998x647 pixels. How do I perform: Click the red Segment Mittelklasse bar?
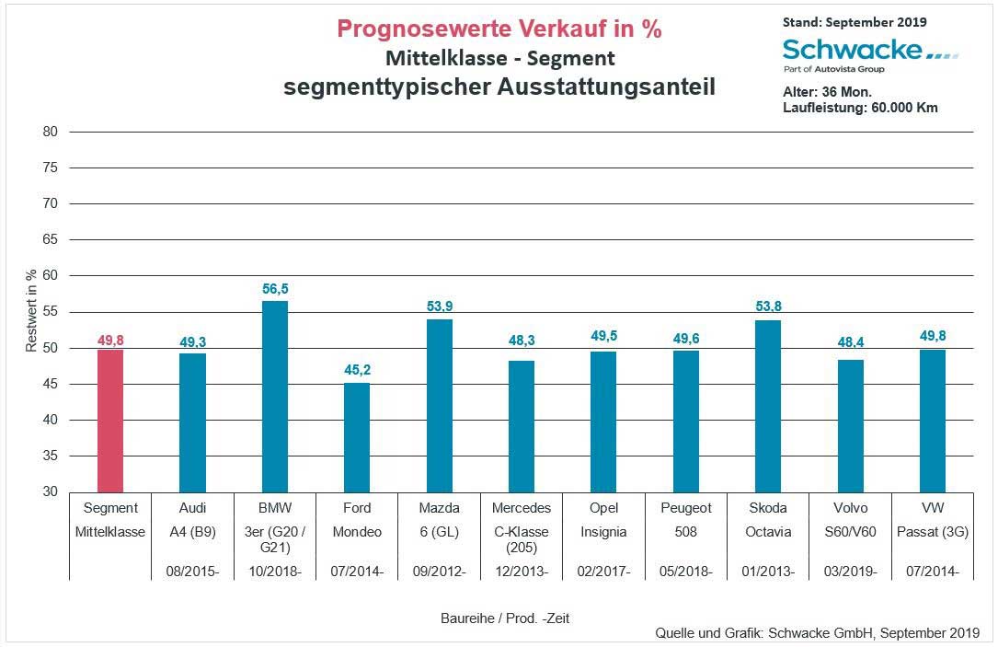(x=110, y=421)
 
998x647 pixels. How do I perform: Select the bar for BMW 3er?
(x=275, y=396)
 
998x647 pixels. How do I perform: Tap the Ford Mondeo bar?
(x=357, y=437)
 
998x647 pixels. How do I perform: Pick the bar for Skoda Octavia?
(x=768, y=406)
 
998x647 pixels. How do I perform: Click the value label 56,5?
(x=275, y=289)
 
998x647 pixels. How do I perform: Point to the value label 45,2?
(x=357, y=370)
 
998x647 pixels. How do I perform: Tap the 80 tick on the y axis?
(x=51, y=132)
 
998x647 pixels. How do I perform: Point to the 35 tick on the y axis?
(x=51, y=456)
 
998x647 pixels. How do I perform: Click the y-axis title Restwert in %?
(x=31, y=311)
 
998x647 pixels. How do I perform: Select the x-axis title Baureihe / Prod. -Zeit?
(x=505, y=618)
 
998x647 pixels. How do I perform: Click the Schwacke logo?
(x=869, y=52)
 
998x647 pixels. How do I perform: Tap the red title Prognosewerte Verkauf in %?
(x=499, y=29)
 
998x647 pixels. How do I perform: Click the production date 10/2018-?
(x=275, y=572)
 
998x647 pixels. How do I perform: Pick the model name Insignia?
(x=603, y=532)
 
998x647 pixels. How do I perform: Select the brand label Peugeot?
(x=686, y=508)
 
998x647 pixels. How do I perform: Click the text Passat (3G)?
(x=932, y=532)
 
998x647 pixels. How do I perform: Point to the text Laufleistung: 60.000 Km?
(x=860, y=108)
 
